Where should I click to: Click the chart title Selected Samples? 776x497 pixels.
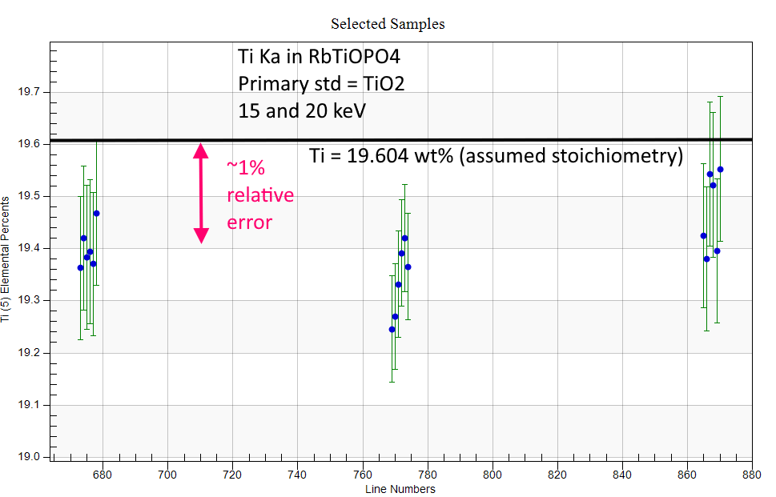(388, 24)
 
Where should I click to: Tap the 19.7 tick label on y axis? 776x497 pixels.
(28, 92)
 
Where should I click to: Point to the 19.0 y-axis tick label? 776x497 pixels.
(28, 457)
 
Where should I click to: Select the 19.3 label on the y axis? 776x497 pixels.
(28, 301)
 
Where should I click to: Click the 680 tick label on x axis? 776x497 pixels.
(103, 475)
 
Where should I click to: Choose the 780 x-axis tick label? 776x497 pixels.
(428, 475)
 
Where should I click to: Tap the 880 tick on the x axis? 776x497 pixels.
(752, 475)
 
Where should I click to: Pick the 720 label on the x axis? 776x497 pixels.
(232, 475)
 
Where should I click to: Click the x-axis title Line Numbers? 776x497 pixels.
(400, 489)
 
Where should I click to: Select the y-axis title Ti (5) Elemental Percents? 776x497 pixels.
(6, 259)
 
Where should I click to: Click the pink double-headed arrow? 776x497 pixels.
(201, 193)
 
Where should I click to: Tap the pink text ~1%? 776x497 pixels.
(246, 168)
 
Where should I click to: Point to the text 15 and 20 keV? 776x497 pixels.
(302, 110)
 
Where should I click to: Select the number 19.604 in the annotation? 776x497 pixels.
(378, 156)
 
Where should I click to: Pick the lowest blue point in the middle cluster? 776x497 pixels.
(392, 330)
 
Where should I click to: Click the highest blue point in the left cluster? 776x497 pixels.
(97, 214)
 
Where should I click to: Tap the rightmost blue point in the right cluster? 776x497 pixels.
(721, 170)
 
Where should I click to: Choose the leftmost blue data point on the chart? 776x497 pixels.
(81, 268)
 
